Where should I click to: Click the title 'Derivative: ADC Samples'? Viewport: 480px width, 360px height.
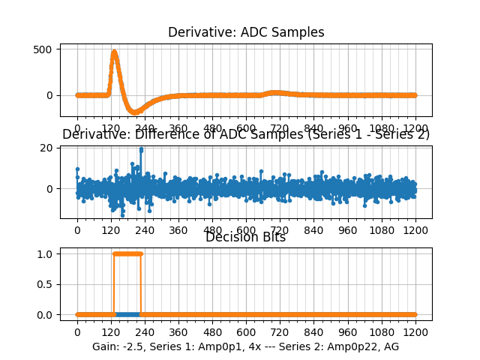246,32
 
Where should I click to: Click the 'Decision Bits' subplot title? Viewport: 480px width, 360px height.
246,238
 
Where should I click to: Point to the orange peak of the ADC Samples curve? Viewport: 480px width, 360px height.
114,52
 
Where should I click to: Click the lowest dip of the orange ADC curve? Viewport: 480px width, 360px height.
136,112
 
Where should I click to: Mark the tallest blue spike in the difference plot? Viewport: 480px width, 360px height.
141,149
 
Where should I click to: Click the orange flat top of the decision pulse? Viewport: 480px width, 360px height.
127,253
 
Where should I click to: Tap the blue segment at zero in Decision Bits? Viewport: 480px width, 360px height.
127,314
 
